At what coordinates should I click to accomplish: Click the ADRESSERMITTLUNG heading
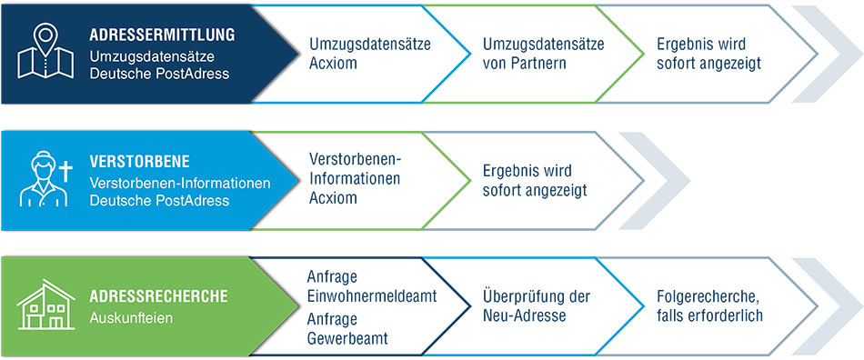point(162,35)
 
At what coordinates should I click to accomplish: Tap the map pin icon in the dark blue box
point(45,53)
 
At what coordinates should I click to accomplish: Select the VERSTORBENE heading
point(139,162)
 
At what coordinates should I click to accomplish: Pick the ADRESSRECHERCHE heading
point(158,296)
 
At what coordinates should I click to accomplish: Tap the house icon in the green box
point(46,305)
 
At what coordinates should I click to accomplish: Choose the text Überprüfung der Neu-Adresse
point(537,306)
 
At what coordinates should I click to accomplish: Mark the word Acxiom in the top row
point(334,64)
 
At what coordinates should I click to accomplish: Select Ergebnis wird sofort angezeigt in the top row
point(708,54)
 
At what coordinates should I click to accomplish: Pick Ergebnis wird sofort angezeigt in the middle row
point(534,180)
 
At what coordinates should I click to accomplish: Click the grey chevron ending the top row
point(823,53)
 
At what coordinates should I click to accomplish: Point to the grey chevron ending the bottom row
point(823,306)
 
